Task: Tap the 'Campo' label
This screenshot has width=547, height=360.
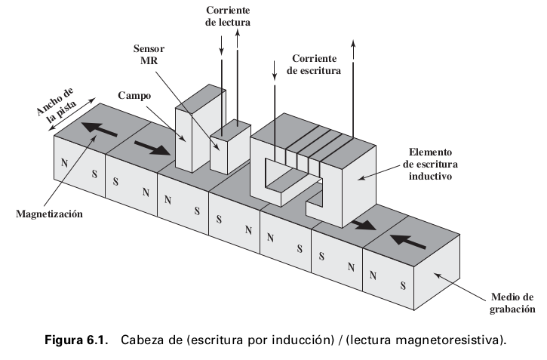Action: [x=134, y=97]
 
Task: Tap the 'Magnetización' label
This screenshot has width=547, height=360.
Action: [x=49, y=214]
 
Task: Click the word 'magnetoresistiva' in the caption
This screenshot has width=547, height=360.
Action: [x=452, y=340]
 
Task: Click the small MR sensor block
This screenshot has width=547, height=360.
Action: [x=227, y=146]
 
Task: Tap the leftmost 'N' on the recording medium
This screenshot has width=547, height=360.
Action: [x=65, y=162]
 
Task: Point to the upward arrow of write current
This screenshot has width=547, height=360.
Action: [x=353, y=75]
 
